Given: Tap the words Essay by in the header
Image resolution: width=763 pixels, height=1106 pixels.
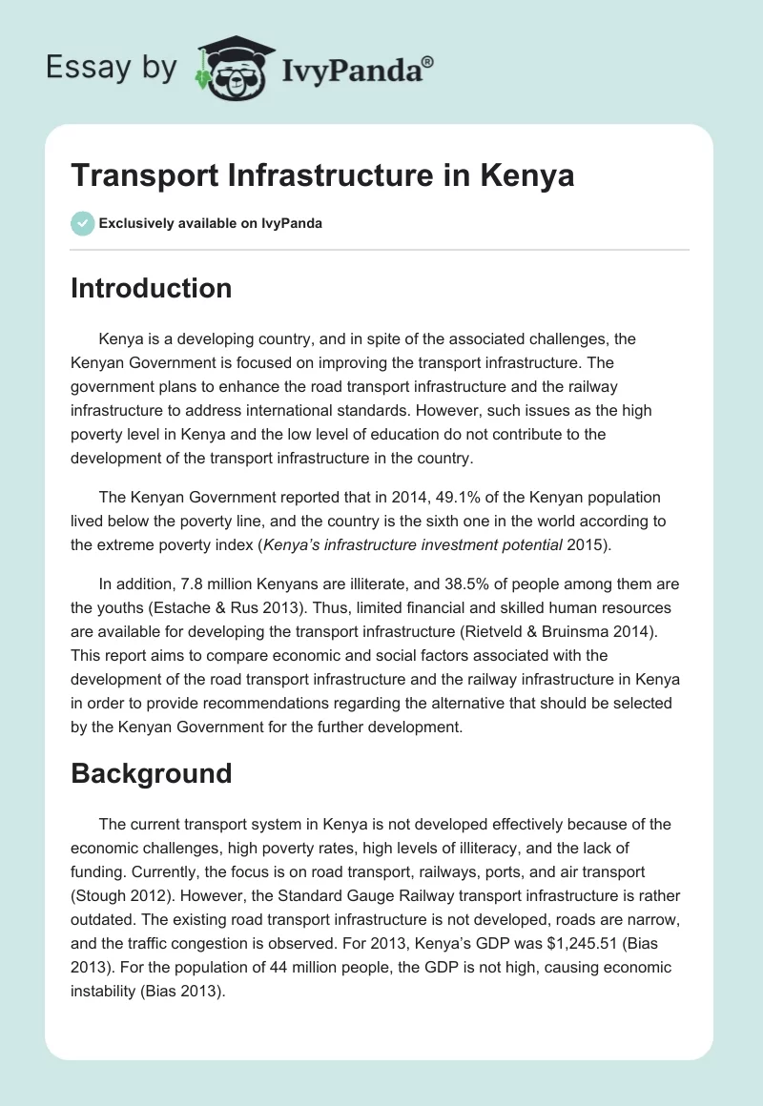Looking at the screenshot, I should tap(112, 68).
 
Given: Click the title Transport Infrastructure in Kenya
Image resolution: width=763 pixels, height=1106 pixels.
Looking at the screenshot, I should tap(322, 175).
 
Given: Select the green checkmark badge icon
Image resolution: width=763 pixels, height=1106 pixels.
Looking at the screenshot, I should tap(82, 223).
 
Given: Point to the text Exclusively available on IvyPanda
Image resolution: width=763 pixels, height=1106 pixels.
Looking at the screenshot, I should tap(210, 224).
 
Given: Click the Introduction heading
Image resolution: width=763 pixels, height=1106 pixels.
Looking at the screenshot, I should tap(151, 288).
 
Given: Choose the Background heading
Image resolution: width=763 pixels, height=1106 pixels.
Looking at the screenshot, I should tap(151, 772).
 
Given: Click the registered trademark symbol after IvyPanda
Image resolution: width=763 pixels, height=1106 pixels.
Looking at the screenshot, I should tap(428, 60).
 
